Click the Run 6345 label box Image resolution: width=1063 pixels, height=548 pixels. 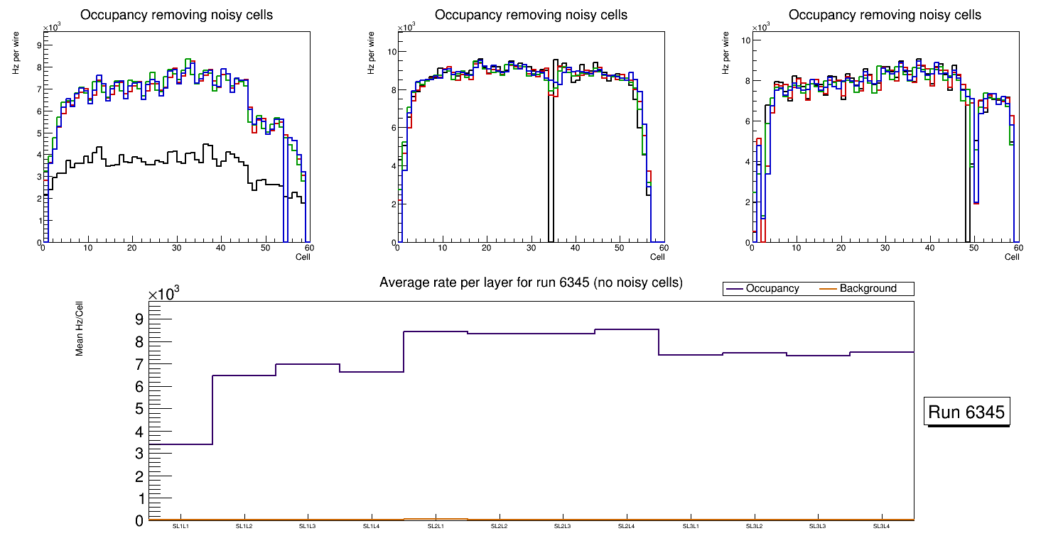point(967,412)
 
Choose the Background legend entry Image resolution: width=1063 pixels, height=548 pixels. point(868,289)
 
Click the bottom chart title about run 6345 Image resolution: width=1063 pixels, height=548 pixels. point(531,283)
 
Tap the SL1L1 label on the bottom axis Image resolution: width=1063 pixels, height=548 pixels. point(180,526)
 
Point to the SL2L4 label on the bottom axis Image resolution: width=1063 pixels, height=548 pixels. point(626,526)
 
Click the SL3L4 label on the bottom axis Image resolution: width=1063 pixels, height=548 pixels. point(881,526)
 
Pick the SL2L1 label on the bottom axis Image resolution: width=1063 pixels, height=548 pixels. point(435,526)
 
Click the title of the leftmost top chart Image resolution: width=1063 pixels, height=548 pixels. point(176,15)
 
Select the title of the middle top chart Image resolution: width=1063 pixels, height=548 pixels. point(531,15)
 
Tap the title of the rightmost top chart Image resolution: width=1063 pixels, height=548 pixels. point(885,15)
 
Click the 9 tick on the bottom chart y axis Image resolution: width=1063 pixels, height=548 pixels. point(139,319)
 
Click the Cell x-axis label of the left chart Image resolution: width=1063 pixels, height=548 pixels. point(303,256)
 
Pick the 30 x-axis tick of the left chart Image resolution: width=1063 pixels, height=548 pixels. point(176,248)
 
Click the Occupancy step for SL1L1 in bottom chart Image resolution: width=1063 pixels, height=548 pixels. point(180,444)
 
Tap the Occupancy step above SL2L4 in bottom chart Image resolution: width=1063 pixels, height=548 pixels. point(626,329)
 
